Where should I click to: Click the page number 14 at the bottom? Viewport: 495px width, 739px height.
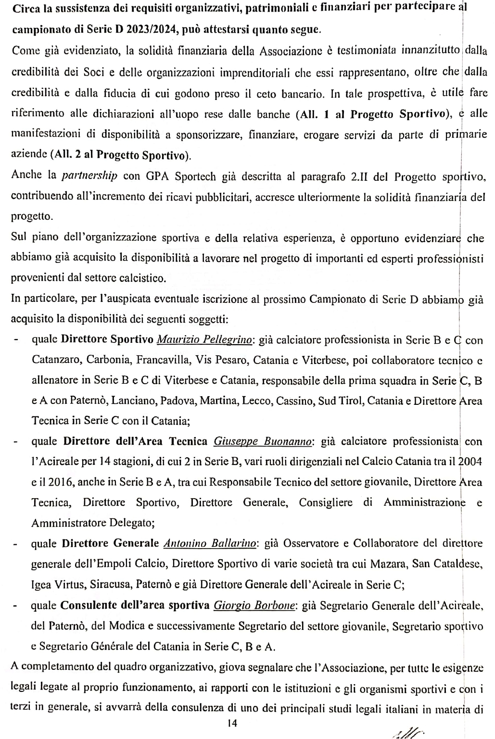point(233,723)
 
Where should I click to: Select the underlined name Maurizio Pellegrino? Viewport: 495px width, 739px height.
point(205,340)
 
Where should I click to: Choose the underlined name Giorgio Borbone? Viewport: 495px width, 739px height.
point(254,605)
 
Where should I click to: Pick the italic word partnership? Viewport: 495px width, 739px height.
point(90,175)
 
